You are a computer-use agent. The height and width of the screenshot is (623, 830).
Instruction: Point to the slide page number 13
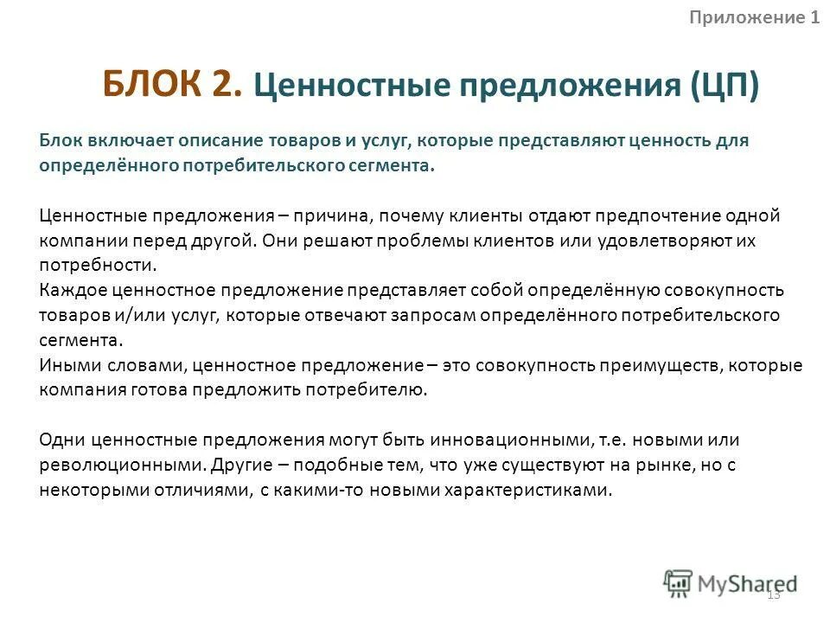[x=773, y=594]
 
